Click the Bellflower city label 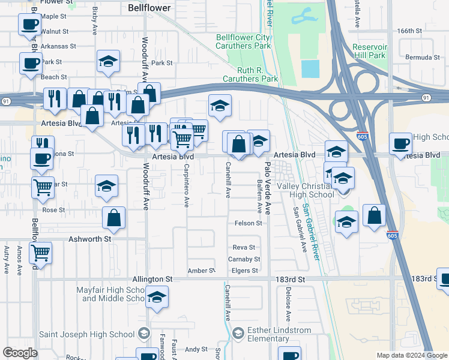point(149,8)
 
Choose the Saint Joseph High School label point(86,334)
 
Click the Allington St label point(152,279)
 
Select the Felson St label point(249,223)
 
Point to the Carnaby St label point(244,259)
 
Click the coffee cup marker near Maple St point(29,25)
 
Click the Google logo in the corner point(20,353)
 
